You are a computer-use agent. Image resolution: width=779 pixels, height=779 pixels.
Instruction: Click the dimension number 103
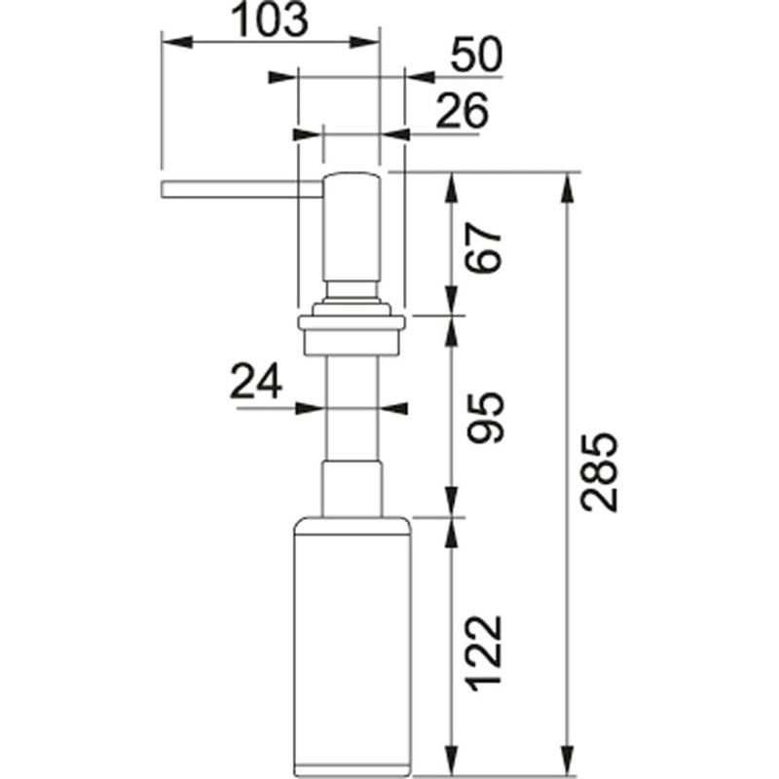[x=270, y=19]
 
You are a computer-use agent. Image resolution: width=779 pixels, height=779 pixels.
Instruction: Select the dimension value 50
[x=476, y=55]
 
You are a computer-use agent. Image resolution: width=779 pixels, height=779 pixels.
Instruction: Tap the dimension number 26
[x=462, y=111]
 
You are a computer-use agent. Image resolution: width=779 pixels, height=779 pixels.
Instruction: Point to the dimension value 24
[x=256, y=381]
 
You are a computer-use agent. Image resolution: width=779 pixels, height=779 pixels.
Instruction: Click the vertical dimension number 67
[x=484, y=248]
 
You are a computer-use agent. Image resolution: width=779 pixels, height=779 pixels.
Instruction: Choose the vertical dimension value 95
[x=485, y=418]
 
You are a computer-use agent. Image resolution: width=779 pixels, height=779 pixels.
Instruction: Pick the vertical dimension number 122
[x=484, y=653]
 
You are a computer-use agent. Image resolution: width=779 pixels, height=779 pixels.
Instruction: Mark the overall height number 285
[x=600, y=472]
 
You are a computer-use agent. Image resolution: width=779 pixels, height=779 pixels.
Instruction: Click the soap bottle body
[x=352, y=646]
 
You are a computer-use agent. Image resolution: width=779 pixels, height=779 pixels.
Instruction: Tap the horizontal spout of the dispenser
[x=241, y=190]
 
